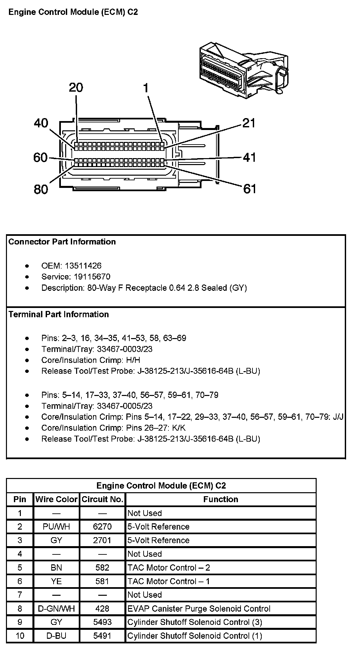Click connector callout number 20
click(x=76, y=88)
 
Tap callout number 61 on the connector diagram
click(x=249, y=189)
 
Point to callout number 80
click(x=41, y=189)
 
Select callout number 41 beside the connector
click(x=249, y=157)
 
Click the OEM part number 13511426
click(x=83, y=266)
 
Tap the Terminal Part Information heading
click(x=59, y=314)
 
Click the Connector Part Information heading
click(x=62, y=242)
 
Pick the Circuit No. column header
click(x=103, y=499)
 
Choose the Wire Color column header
click(x=56, y=499)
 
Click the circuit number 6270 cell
click(x=103, y=527)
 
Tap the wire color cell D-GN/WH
click(x=56, y=608)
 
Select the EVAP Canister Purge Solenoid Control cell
click(x=199, y=608)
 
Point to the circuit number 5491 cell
click(x=103, y=635)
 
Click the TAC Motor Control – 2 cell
click(x=169, y=568)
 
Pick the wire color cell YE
click(x=56, y=581)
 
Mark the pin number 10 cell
click(x=20, y=635)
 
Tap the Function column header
click(x=221, y=499)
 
